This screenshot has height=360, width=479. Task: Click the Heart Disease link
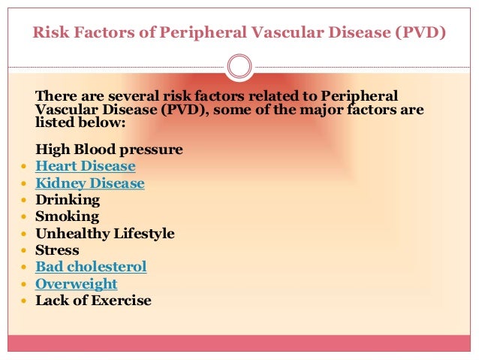coord(85,166)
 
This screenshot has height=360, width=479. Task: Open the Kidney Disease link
coord(89,183)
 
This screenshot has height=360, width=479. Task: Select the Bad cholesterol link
coord(91,267)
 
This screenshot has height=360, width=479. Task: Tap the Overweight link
coord(76,284)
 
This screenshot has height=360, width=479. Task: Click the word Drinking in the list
coord(67,200)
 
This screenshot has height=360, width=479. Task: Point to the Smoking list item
coord(67,216)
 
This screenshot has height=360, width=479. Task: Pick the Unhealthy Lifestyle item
coord(104,234)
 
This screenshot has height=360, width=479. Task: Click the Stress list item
coord(57,250)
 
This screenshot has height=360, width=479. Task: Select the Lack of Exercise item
coord(93,301)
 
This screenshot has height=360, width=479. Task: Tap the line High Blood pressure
coord(109,150)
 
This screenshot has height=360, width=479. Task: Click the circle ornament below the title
coord(239,67)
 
